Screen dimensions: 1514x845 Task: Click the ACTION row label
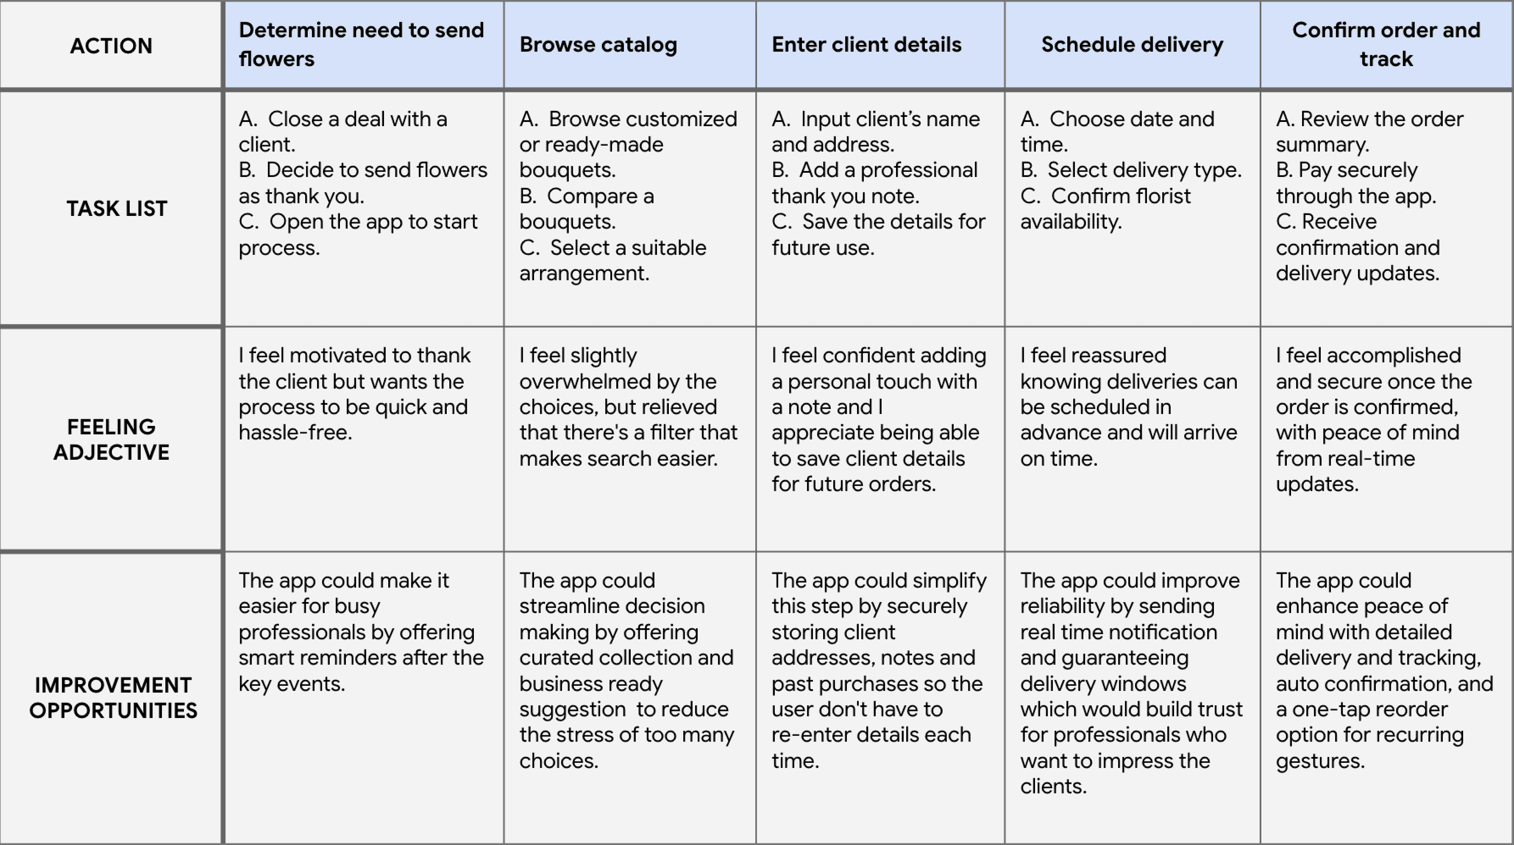[x=111, y=46]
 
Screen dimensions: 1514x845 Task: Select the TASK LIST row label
[x=117, y=208]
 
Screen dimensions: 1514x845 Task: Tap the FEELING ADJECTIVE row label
[x=111, y=439]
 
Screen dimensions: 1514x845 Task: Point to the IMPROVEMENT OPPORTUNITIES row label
[x=113, y=698]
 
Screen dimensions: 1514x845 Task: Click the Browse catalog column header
[x=598, y=44]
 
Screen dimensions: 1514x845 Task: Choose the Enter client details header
[x=866, y=44]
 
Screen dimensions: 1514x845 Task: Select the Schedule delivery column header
[x=1132, y=44]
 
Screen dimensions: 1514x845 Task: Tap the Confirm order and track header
[x=1386, y=44]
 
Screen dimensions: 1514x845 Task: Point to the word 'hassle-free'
[x=295, y=433]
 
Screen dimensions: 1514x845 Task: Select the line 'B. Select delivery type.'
[x=1131, y=170]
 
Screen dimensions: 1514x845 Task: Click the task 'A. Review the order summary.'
[x=1369, y=132]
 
